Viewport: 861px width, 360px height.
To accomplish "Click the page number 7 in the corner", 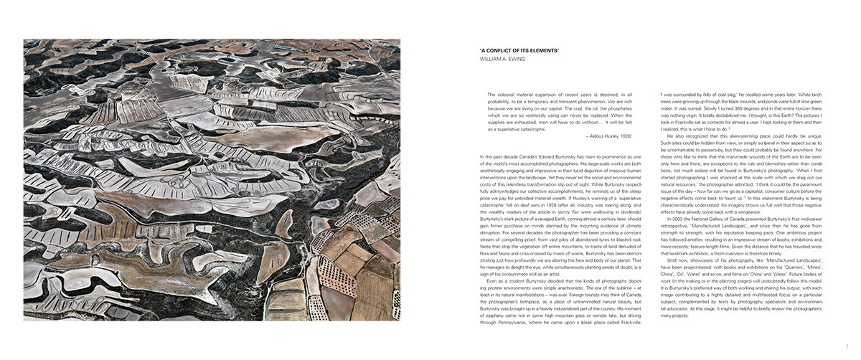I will [x=847, y=346].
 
